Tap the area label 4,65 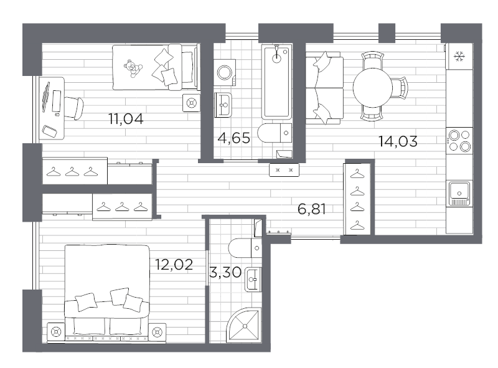click(233, 138)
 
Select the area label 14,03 click(398, 141)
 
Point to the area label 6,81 click(312, 209)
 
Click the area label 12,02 click(174, 264)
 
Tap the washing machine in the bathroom click(225, 73)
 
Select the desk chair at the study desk click(74, 108)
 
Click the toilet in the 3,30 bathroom click(243, 248)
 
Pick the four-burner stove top click(459, 140)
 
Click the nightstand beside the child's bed click(192, 103)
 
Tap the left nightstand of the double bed click(57, 333)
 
